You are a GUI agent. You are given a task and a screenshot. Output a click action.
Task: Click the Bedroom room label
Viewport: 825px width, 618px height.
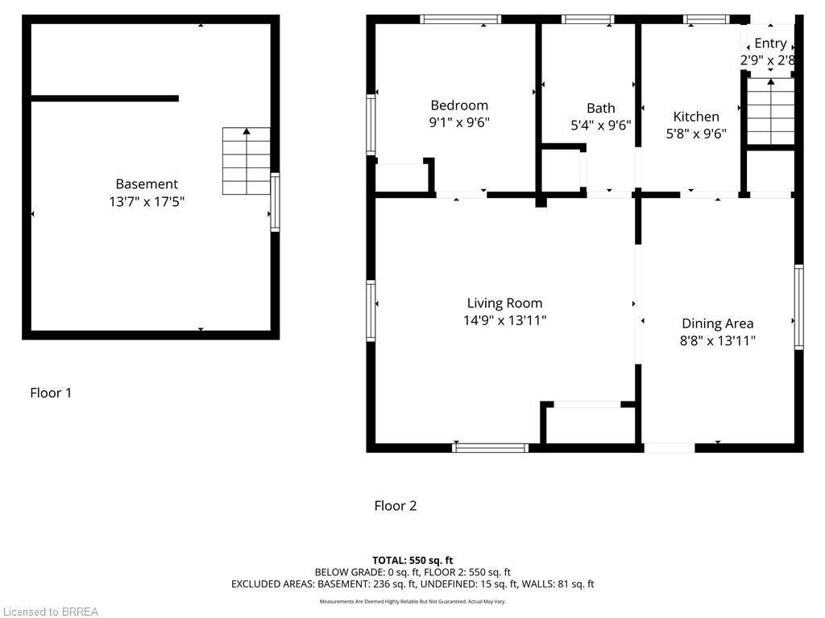pyautogui.click(x=459, y=105)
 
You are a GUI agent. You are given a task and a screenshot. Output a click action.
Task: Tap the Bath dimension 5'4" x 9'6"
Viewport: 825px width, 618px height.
pyautogui.click(x=600, y=126)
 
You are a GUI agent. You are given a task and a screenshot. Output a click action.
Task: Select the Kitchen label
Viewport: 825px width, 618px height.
pyautogui.click(x=696, y=117)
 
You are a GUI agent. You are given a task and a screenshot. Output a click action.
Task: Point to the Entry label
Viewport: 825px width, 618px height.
pyautogui.click(x=770, y=43)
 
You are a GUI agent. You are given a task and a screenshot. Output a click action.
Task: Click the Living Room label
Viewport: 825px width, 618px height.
pyautogui.click(x=504, y=303)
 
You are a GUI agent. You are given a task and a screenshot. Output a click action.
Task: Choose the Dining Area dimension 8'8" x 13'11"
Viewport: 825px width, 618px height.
pyautogui.click(x=717, y=340)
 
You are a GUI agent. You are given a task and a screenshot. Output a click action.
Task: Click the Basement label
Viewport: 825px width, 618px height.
pyautogui.click(x=147, y=184)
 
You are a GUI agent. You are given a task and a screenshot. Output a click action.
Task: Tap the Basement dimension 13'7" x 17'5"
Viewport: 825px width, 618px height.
pyautogui.click(x=147, y=201)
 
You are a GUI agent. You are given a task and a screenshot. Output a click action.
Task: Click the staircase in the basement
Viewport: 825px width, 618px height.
pyautogui.click(x=247, y=161)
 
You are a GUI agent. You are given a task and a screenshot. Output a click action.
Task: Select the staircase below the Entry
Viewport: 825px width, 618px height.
pyautogui.click(x=771, y=112)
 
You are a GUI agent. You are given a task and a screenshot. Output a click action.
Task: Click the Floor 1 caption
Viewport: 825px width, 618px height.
pyautogui.click(x=51, y=393)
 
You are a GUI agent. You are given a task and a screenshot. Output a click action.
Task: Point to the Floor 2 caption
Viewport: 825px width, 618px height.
pyautogui.click(x=396, y=505)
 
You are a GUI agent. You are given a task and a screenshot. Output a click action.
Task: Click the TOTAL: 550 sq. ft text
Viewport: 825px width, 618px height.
pyautogui.click(x=412, y=560)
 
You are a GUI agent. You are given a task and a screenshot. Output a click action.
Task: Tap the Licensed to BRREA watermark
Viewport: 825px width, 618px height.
pyautogui.click(x=50, y=612)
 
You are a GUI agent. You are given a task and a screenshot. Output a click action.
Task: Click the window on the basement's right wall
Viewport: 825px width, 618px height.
pyautogui.click(x=275, y=203)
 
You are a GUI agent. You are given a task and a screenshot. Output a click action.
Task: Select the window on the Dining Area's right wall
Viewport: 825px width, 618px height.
pyautogui.click(x=798, y=307)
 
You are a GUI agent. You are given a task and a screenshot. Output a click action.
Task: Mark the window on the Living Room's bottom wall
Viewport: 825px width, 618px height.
pyautogui.click(x=491, y=447)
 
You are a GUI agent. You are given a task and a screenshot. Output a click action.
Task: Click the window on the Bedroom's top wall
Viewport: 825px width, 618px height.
pyautogui.click(x=461, y=19)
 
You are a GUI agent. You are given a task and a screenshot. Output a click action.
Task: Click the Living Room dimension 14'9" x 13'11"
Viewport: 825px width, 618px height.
pyautogui.click(x=504, y=320)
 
